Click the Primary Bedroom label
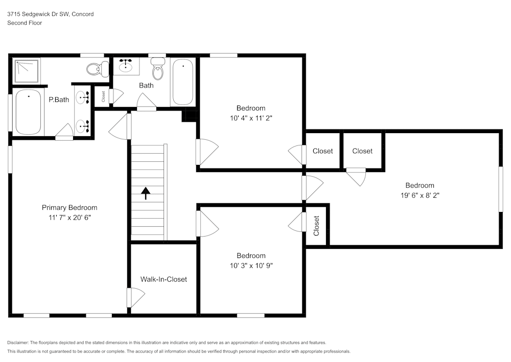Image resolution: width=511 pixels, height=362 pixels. [x=69, y=207]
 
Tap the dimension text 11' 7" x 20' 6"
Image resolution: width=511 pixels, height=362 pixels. [x=69, y=218]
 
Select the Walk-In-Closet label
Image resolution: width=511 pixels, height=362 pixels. [x=164, y=279]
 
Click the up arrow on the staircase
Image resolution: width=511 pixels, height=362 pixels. [x=146, y=193]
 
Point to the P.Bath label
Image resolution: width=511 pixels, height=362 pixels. [x=59, y=99]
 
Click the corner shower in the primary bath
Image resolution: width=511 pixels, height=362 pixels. [x=27, y=70]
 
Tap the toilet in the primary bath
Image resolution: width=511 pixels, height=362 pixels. [x=98, y=69]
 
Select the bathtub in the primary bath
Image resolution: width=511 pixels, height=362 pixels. [x=28, y=112]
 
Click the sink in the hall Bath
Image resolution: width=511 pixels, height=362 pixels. [x=126, y=66]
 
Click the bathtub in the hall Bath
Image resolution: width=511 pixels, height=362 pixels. [x=182, y=82]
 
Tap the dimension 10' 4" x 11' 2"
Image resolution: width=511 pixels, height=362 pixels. [x=251, y=118]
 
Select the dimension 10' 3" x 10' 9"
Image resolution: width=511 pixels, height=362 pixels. [x=251, y=266]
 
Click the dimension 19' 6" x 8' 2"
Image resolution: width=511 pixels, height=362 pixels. [x=420, y=196]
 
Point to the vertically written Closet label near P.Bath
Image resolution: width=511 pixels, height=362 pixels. [x=103, y=96]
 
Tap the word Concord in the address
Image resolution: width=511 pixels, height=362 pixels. [x=83, y=14]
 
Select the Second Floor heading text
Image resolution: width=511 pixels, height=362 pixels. [x=25, y=23]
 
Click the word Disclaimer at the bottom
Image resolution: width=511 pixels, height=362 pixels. [x=18, y=343]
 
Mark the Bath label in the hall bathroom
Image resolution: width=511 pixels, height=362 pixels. [x=146, y=86]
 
